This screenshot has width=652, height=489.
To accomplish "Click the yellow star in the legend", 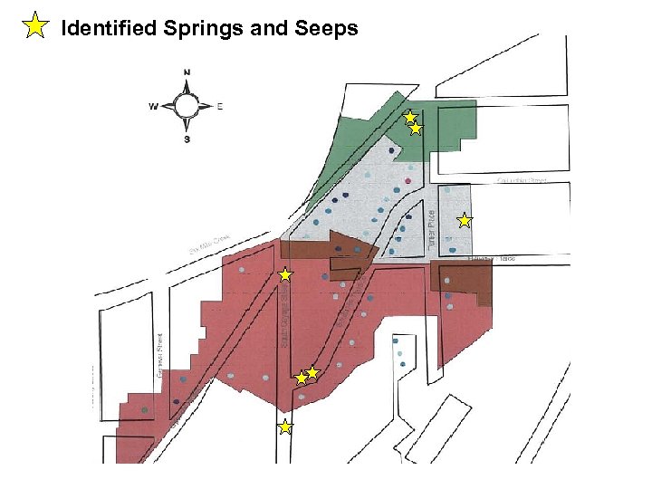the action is [x=34, y=26].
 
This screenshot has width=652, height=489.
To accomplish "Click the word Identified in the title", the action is [x=110, y=28].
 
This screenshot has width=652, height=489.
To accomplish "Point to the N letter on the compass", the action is [x=187, y=72].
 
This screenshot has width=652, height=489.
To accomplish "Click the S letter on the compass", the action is [x=187, y=139].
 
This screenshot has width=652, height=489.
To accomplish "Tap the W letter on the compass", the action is [x=153, y=106].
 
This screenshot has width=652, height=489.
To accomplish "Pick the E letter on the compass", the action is [x=219, y=106].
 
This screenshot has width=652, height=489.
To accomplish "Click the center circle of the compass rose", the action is [x=187, y=106].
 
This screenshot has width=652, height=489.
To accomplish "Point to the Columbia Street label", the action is [x=523, y=180].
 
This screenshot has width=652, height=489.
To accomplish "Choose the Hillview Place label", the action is [x=492, y=260].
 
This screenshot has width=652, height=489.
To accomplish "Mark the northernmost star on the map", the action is [x=410, y=116].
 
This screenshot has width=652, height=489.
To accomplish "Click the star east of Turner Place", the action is [x=464, y=220].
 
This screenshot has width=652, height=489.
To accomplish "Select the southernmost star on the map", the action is [x=284, y=427].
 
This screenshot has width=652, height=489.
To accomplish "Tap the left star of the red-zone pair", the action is [x=302, y=378].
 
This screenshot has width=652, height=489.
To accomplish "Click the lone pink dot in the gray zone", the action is [x=409, y=180].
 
